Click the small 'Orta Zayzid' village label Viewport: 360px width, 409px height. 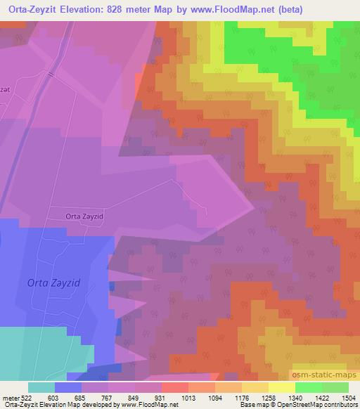[84, 217]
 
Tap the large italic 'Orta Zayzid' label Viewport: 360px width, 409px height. [54, 282]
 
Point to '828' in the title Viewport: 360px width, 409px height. [145, 8]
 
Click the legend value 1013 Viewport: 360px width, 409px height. [174, 397]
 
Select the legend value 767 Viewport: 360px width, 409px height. [96, 397]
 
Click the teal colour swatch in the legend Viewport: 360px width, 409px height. [41, 387]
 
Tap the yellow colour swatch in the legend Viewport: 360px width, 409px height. [282, 387]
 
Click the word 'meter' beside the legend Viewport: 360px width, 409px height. [8, 397]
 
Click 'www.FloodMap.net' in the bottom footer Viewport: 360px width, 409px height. [145, 405]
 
